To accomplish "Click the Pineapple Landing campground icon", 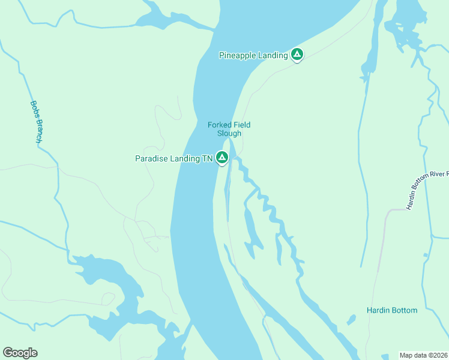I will click(297, 55).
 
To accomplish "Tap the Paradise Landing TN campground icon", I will click(222, 158).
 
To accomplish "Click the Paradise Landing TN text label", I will click(174, 158).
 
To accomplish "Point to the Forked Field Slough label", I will click(229, 129).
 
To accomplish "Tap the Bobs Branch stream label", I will click(36, 121).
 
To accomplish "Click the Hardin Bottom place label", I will click(391, 310).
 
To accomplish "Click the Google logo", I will click(20, 353).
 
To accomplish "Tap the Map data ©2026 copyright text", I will click(423, 355).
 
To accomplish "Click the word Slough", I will click(229, 133).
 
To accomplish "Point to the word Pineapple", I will click(238, 55).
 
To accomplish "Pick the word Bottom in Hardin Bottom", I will click(404, 310).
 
